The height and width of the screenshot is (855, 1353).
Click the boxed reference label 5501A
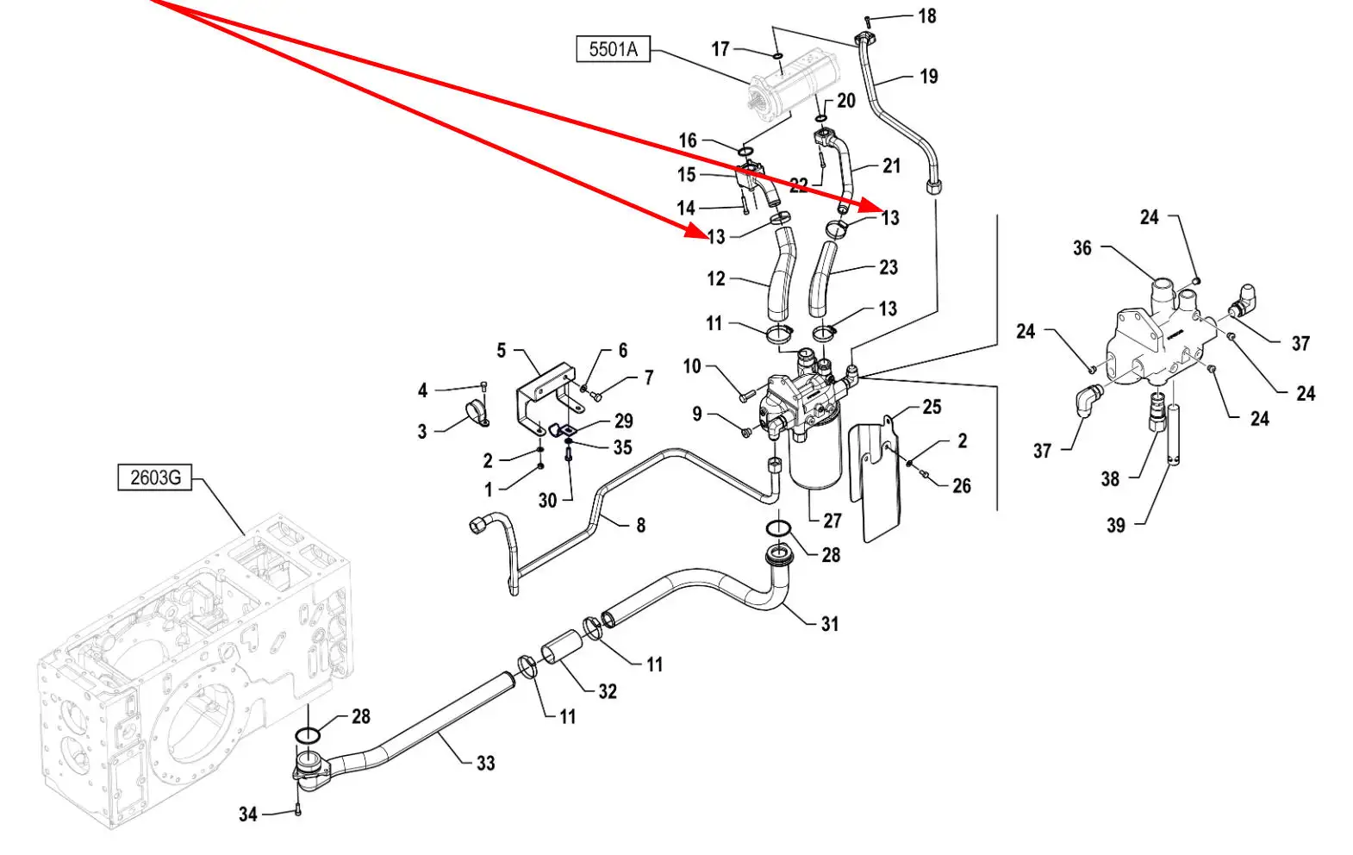coord(613,49)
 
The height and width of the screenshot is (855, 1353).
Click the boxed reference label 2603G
coord(155,477)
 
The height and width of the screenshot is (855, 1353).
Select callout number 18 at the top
coord(926,16)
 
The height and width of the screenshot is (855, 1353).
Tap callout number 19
coord(928,77)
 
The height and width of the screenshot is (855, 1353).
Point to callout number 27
coord(832,521)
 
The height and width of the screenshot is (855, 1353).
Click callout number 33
coord(486,763)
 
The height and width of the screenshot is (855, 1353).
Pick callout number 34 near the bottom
coord(248,814)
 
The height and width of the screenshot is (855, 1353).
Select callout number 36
coord(1082,248)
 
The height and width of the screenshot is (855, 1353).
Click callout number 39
coord(1116,525)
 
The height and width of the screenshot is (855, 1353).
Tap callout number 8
coord(640,525)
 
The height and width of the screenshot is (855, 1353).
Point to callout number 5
coord(502,351)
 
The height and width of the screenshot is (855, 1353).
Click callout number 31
coord(829,623)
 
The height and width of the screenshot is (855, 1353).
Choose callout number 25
coord(932,407)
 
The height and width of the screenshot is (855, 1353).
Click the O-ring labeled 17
coord(776,57)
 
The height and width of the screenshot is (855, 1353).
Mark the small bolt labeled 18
coord(868,20)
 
